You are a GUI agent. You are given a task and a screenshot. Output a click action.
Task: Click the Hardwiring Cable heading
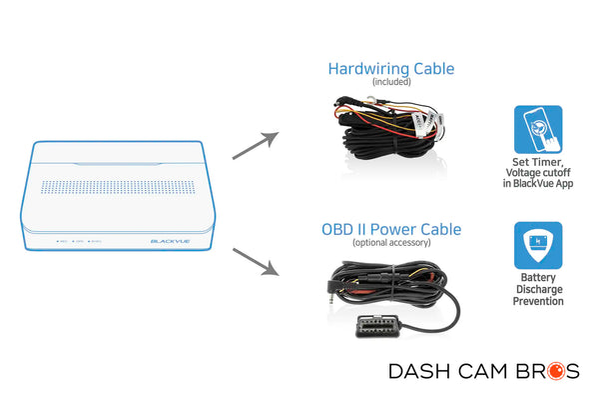coord(391,69)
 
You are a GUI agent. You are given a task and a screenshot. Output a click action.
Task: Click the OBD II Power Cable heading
coord(390,229)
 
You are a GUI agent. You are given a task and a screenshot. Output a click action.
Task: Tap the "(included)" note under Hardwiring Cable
coord(391,82)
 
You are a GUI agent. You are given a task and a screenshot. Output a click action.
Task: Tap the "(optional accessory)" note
coord(390,242)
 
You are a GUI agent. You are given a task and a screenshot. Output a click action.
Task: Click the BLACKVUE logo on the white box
coord(169,240)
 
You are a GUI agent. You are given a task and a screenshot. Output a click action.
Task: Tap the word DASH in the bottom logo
coord(419,372)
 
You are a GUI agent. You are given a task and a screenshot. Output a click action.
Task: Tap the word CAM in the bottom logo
coord(487,372)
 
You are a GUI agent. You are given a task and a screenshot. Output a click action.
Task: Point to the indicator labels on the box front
coord(76,241)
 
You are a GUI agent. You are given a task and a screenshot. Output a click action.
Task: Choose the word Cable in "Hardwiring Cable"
coord(428,69)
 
